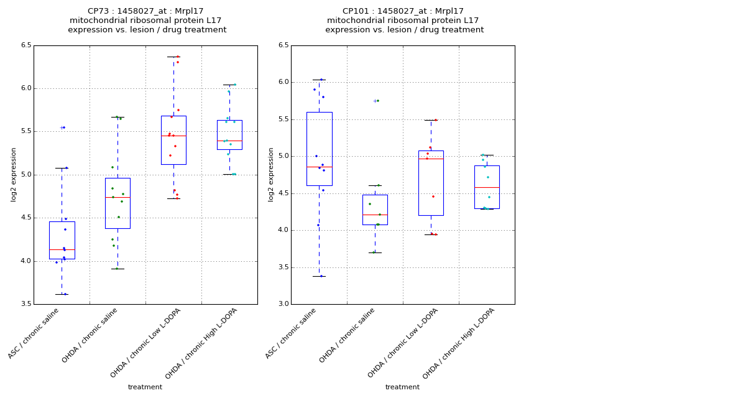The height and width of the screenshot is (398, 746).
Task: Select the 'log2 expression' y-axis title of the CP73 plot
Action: (14, 174)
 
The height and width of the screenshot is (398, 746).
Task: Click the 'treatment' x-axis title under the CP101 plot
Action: (402, 387)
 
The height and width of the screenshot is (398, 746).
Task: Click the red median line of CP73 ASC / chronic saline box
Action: (62, 249)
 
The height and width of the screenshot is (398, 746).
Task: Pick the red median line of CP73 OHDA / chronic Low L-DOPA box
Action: (173, 136)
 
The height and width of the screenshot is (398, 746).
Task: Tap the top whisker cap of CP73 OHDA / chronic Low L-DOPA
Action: (173, 57)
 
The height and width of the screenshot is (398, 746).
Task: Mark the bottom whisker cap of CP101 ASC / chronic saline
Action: (319, 276)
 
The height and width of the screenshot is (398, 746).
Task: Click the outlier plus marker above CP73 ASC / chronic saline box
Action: (62, 127)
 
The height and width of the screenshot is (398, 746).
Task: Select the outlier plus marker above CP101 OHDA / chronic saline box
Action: (375, 101)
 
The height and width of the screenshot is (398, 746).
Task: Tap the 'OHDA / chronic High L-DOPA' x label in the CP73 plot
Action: (203, 343)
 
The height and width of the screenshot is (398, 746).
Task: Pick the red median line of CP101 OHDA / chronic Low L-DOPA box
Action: (431, 159)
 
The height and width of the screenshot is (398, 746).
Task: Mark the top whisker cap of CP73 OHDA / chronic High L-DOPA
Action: (229, 85)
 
